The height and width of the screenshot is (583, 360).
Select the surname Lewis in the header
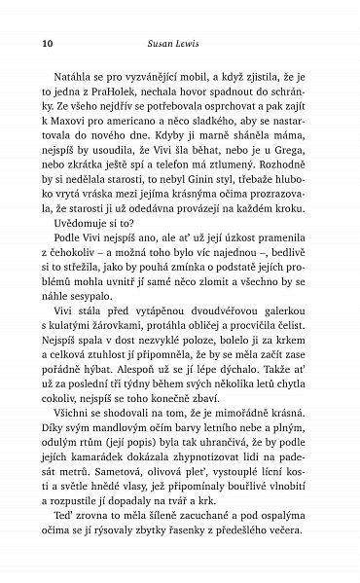pos(196,43)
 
